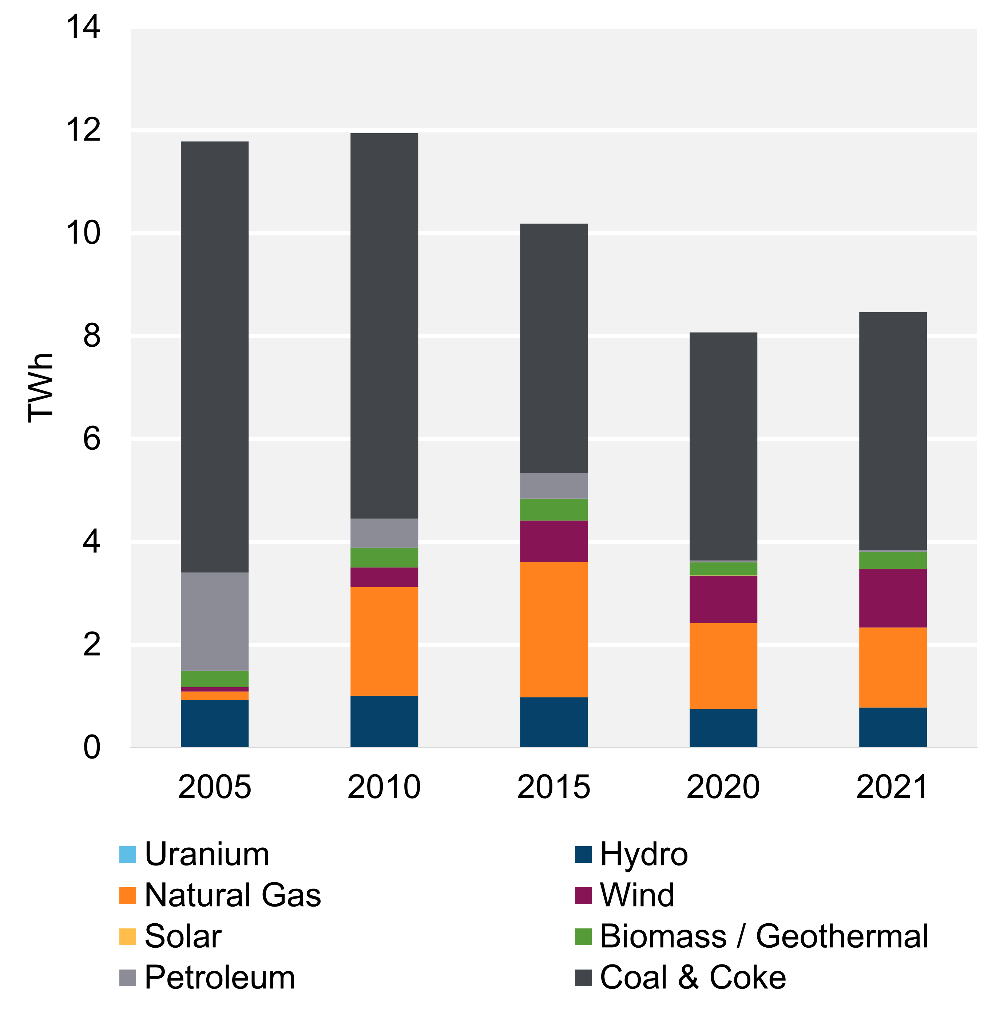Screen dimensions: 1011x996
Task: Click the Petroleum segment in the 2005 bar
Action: click(214, 621)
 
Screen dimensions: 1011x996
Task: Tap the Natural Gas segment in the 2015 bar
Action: click(553, 629)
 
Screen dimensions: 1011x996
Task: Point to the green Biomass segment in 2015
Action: click(553, 509)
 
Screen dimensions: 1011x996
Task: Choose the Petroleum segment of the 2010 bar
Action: click(384, 533)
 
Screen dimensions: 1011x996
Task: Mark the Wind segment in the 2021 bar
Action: click(892, 597)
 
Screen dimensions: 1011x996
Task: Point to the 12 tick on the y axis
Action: click(83, 130)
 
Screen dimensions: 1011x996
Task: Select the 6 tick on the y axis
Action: click(92, 438)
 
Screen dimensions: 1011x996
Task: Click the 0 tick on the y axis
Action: click(92, 747)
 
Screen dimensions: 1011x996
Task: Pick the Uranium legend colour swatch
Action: click(128, 855)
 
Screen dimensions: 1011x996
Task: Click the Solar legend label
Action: click(183, 936)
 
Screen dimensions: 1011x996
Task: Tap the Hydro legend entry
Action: click(643, 855)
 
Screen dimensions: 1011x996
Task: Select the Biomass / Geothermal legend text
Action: click(764, 936)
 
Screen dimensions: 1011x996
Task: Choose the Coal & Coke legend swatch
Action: click(583, 978)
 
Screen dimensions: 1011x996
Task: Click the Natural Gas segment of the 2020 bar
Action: click(723, 665)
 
